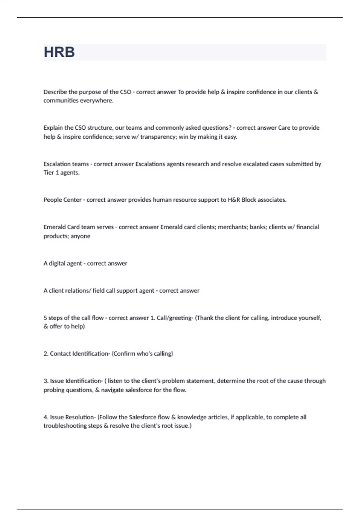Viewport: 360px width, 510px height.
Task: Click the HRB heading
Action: pyautogui.click(x=59, y=52)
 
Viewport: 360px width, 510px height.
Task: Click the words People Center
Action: pyautogui.click(x=62, y=200)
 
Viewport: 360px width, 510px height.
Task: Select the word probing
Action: pyautogui.click(x=53, y=390)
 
